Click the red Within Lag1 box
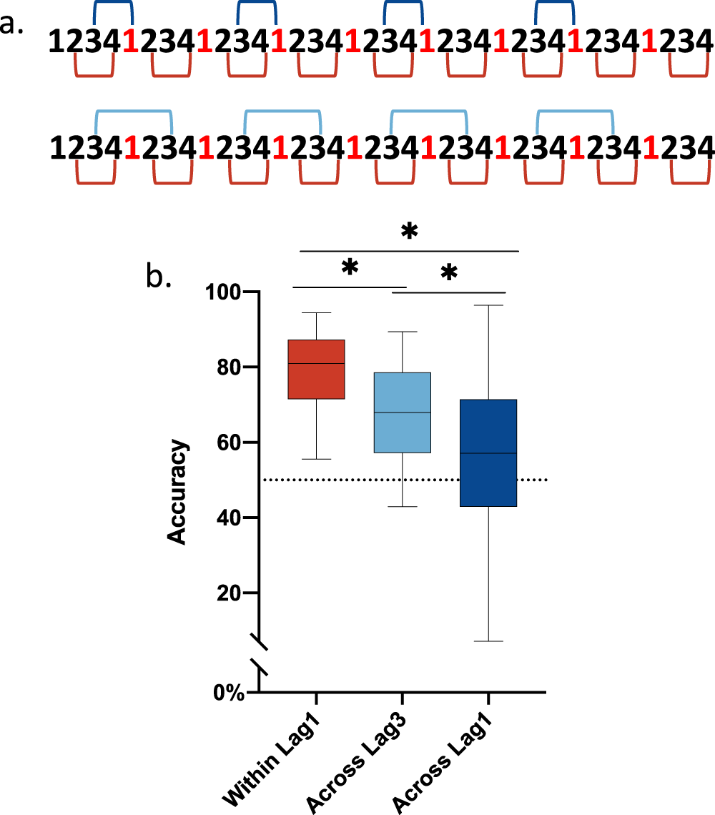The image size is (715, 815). (316, 369)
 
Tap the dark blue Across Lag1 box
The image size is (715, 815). (488, 453)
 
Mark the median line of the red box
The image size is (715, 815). (316, 364)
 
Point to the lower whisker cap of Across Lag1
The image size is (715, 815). (488, 641)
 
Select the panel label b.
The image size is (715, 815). (159, 275)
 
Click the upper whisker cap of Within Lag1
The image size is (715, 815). (316, 312)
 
